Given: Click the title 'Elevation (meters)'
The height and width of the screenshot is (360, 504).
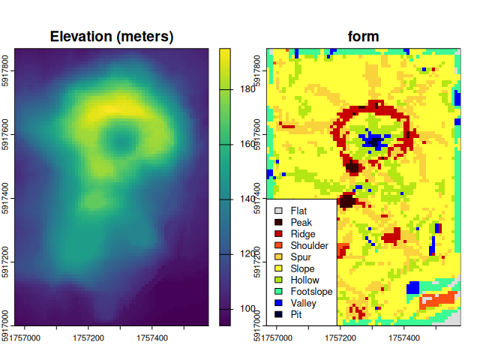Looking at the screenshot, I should pyautogui.click(x=112, y=36).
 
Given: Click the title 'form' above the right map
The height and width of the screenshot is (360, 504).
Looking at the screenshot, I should pyautogui.click(x=363, y=36).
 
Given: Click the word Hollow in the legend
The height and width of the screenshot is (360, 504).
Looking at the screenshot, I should pyautogui.click(x=304, y=280).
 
